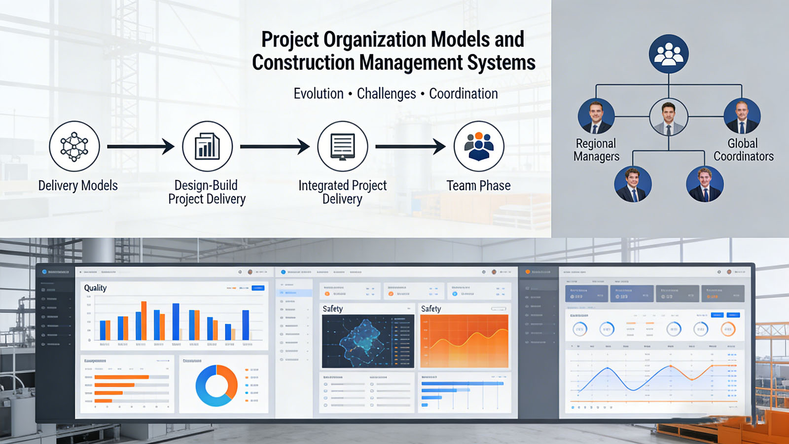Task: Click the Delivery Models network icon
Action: coord(74,147)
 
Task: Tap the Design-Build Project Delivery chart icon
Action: coord(207,147)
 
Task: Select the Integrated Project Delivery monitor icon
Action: coord(342,147)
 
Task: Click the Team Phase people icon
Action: coord(478,147)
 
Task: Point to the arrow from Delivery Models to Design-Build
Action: coord(141,147)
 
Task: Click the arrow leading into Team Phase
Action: coord(410,147)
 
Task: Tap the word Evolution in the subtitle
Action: coord(319,94)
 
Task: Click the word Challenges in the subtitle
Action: coord(386,94)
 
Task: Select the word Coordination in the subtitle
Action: coord(463,94)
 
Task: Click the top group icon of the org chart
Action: coord(669,54)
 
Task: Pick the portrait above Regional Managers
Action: coord(596,116)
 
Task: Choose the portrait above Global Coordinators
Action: coord(742,116)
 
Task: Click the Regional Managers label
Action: coord(596,150)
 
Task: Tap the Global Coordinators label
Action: coord(743,150)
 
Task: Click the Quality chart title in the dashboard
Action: coord(95,288)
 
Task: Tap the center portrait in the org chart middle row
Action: coord(669,117)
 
